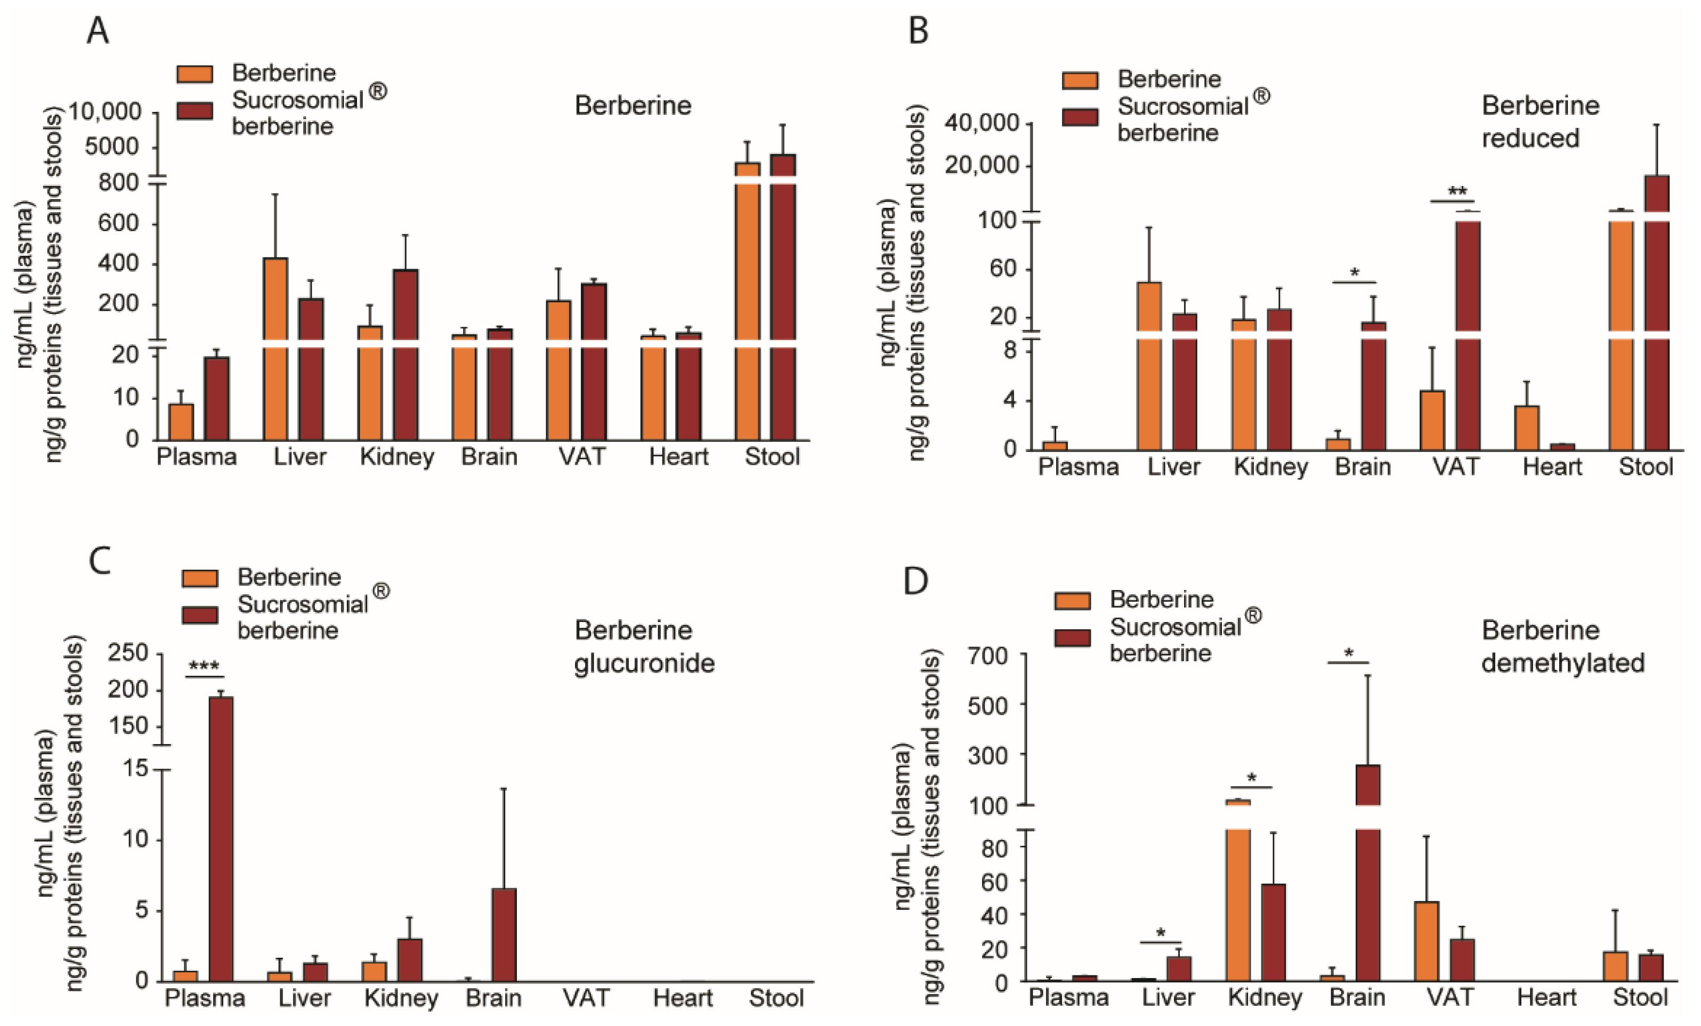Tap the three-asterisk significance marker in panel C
tap(204, 667)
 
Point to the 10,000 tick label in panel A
tap(103, 111)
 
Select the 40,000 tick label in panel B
tap(982, 124)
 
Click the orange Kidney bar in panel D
tap(1239, 898)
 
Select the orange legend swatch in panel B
tap(1080, 80)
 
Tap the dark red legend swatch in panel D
tap(1072, 637)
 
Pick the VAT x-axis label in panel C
tap(586, 998)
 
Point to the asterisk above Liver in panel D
tap(1161, 933)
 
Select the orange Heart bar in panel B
tap(1526, 428)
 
